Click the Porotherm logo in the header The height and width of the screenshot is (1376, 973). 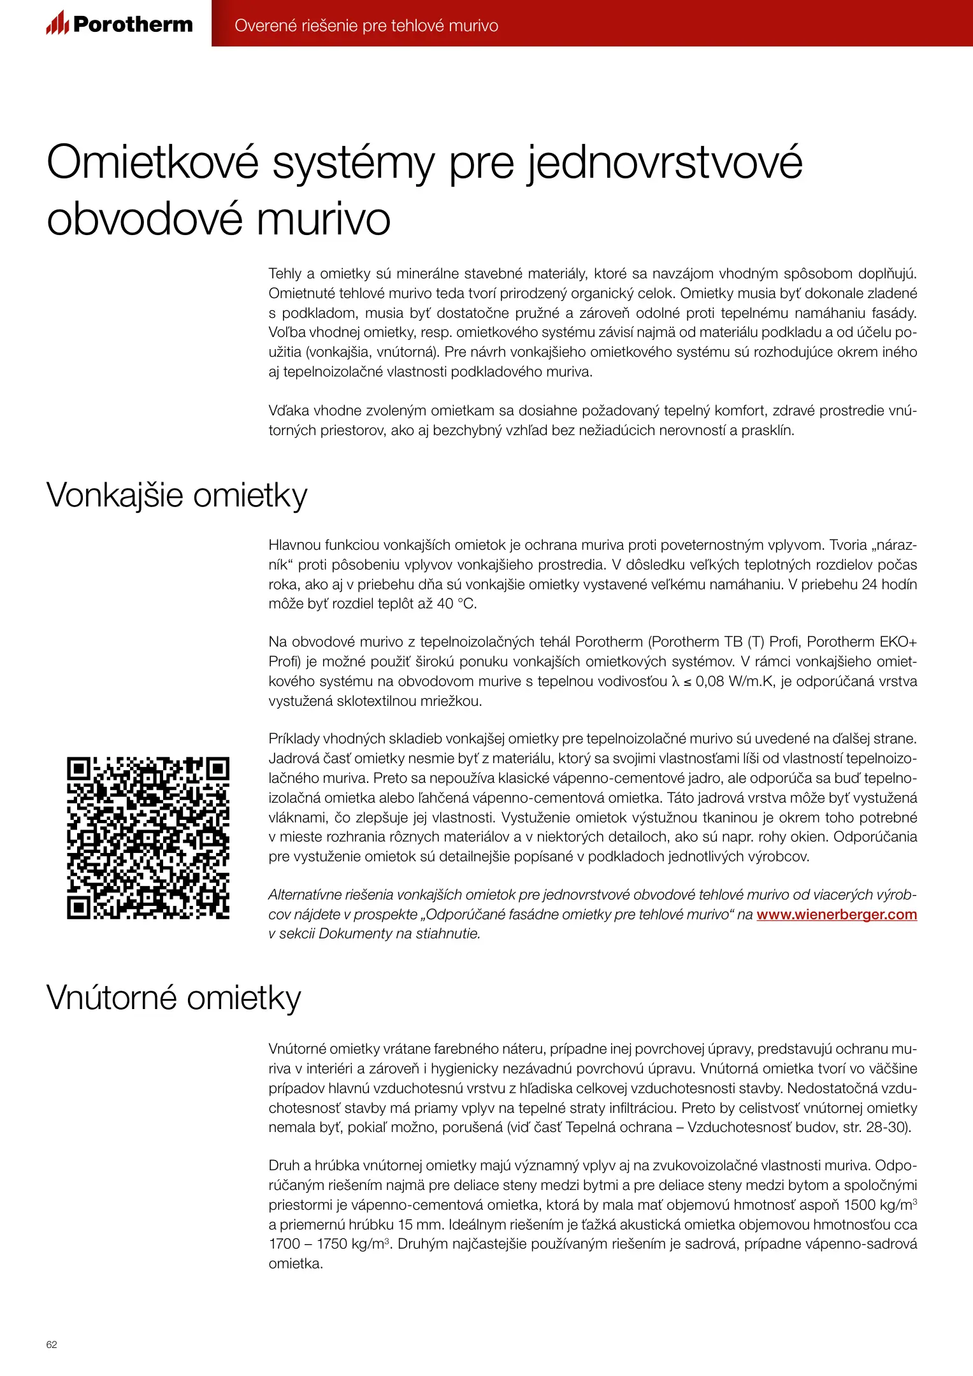(x=119, y=24)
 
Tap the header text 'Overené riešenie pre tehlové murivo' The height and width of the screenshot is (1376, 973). (x=366, y=25)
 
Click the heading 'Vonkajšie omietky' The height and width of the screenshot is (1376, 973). (x=177, y=495)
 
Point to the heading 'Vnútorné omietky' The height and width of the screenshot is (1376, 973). (x=173, y=997)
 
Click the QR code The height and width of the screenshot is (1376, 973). (x=148, y=838)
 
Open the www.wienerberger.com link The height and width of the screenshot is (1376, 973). (x=836, y=914)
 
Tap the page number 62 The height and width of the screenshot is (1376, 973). (x=52, y=1344)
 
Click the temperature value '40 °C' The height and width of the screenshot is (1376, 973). (x=456, y=603)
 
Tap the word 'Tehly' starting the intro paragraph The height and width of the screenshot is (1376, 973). (x=285, y=274)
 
